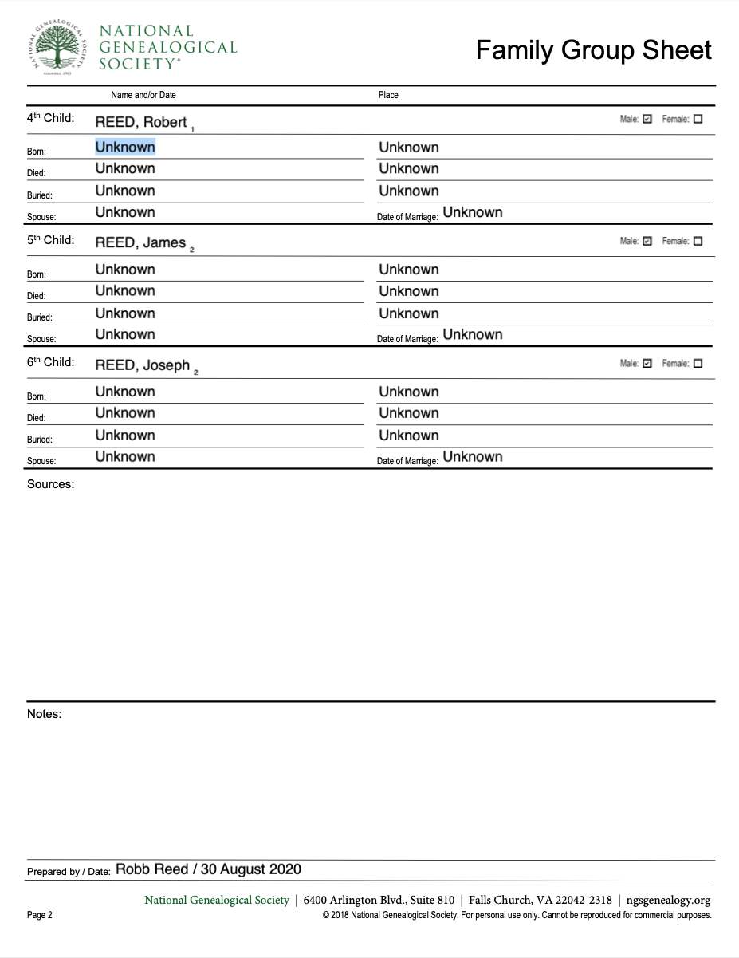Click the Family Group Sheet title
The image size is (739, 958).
[593, 50]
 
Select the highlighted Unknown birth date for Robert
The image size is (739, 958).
[125, 147]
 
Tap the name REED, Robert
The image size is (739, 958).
[141, 122]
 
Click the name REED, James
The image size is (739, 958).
[140, 242]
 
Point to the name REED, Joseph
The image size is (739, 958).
[143, 365]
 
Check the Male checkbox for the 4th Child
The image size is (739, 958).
[647, 119]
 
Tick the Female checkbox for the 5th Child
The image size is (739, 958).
[698, 241]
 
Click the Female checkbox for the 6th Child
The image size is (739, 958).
[698, 363]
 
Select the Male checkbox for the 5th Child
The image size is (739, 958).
[647, 241]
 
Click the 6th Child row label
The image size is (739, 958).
[50, 362]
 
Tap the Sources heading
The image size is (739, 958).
[50, 483]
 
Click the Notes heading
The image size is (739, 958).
[44, 714]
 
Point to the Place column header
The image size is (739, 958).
[388, 95]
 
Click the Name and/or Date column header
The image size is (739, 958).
[143, 95]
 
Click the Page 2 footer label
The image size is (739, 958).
[40, 915]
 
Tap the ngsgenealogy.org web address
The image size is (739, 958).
[668, 900]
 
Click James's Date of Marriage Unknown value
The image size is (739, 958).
[473, 334]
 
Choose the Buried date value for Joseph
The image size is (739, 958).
[125, 435]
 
